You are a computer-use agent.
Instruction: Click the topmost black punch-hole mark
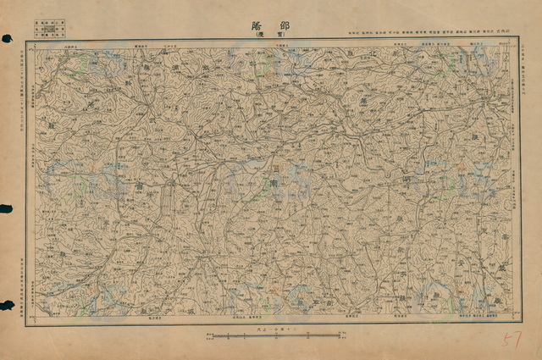[x=7, y=38]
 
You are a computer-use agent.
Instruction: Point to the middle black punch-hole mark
[x=7, y=208]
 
